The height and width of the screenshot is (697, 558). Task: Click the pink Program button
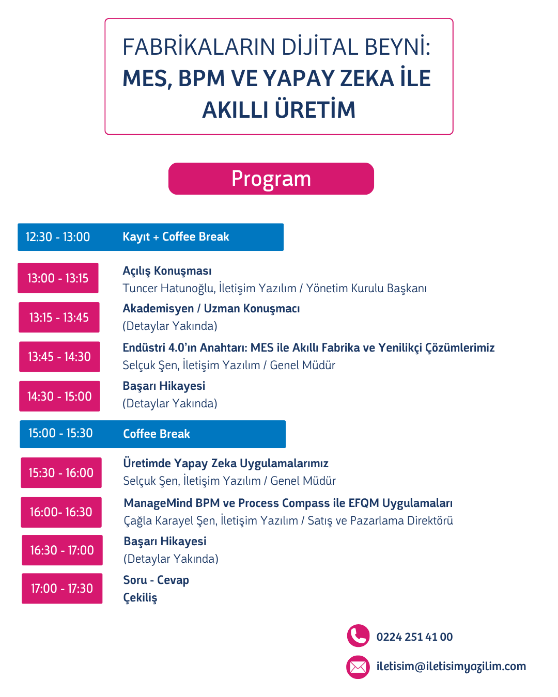(x=271, y=179)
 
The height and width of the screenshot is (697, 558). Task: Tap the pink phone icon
(x=358, y=636)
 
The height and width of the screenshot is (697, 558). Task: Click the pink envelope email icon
(x=358, y=667)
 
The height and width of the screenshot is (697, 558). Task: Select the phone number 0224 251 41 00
(x=414, y=637)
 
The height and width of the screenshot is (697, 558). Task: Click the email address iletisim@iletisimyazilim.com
(x=451, y=666)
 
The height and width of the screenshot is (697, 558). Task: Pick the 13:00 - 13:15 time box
(x=58, y=278)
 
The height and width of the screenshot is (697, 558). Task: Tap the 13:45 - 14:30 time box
(x=59, y=357)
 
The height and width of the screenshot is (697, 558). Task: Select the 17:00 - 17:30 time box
(x=62, y=589)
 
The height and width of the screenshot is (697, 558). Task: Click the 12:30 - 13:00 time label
(x=58, y=237)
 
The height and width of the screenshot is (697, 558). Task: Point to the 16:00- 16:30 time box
(x=61, y=512)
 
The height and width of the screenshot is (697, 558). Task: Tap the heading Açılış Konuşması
(x=167, y=271)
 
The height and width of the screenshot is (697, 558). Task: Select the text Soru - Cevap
(x=156, y=580)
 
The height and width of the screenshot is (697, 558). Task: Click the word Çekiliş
(x=140, y=597)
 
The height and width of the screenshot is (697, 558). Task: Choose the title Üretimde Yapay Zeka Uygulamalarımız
(x=226, y=463)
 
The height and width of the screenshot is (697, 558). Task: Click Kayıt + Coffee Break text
(x=176, y=237)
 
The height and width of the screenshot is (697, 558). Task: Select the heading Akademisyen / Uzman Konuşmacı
(x=211, y=308)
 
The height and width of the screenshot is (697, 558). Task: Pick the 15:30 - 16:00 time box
(x=61, y=473)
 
